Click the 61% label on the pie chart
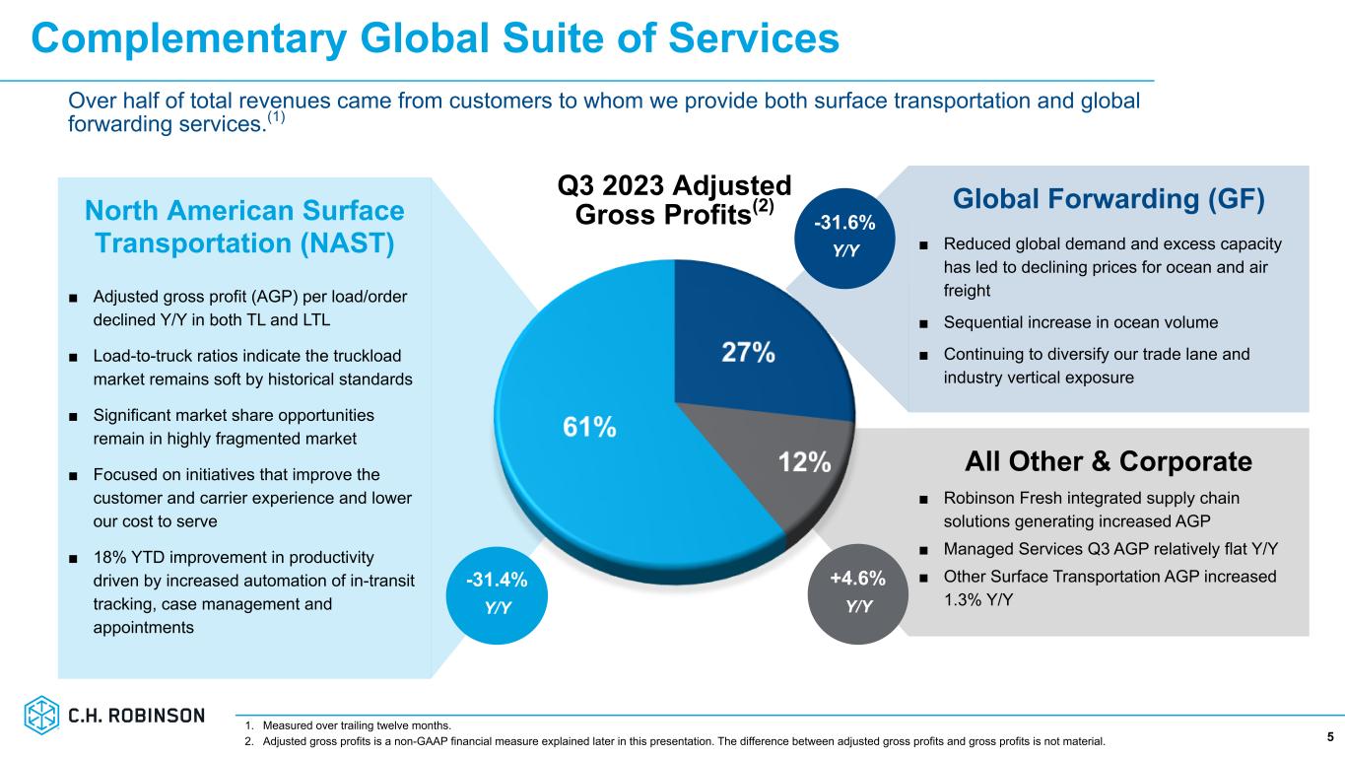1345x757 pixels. [x=589, y=427]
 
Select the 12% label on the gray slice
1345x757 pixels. [x=805, y=461]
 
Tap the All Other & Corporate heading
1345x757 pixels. [x=1109, y=461]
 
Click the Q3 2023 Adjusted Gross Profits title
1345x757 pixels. [x=674, y=199]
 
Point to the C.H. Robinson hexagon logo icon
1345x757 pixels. [x=41, y=716]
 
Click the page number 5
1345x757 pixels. [x=1330, y=736]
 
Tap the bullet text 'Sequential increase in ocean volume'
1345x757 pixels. [x=1081, y=322]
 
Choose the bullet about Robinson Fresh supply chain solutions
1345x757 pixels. [x=1091, y=509]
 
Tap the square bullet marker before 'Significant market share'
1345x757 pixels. [x=74, y=416]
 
